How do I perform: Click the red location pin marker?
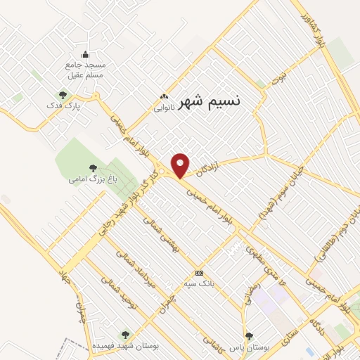[181, 165]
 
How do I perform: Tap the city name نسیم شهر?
[210, 101]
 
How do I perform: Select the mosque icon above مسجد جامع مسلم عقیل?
[85, 55]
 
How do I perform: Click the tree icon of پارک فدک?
[63, 95]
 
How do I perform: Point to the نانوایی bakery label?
[163, 108]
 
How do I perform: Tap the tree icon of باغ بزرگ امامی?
[93, 168]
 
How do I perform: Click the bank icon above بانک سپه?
[199, 273]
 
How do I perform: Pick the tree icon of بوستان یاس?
[248, 336]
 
